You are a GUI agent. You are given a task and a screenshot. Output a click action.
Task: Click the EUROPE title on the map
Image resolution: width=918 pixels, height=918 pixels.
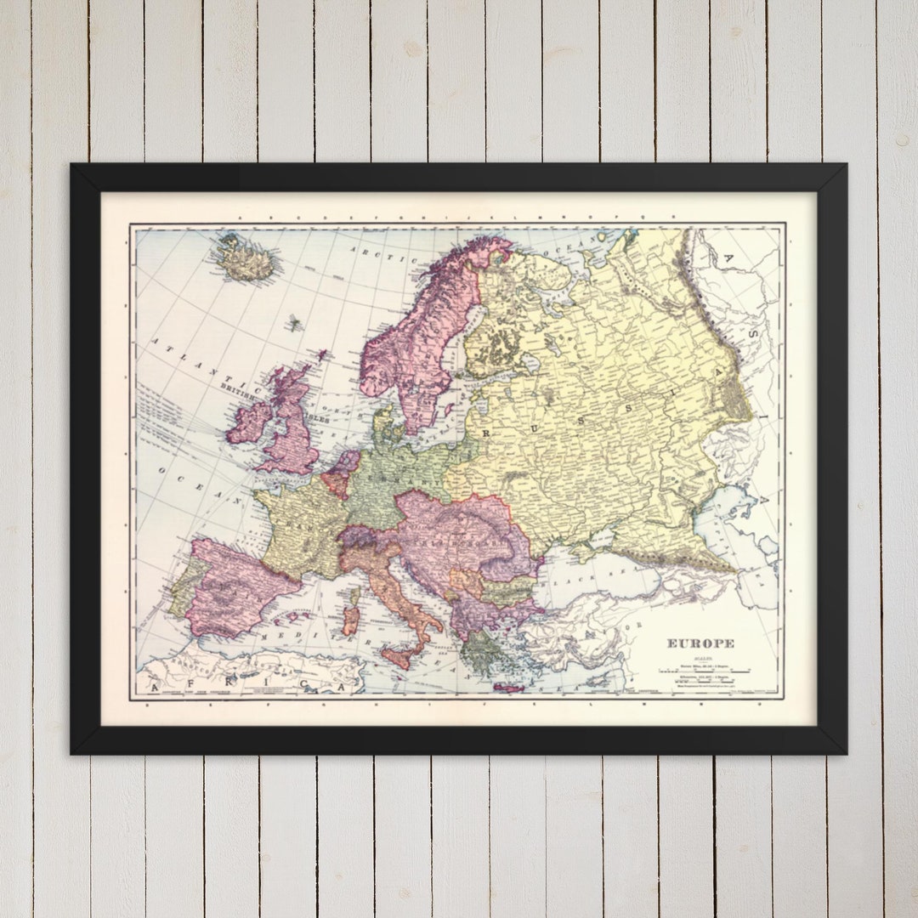[700, 643]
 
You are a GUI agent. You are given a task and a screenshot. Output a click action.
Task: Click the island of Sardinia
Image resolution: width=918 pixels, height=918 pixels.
[350, 620]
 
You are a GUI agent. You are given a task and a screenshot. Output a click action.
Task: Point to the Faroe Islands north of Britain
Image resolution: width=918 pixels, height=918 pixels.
[295, 323]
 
